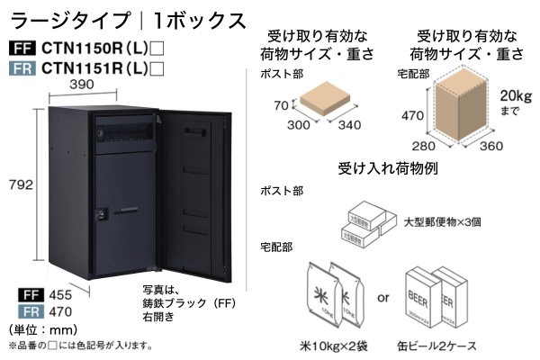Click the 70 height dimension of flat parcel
click(281, 105)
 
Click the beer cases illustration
click(438, 297)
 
